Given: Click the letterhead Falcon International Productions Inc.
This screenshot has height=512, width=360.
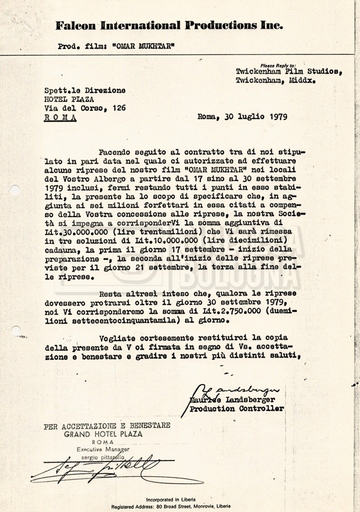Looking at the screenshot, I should pos(169,25).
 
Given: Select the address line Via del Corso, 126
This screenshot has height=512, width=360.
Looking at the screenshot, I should pos(85,107).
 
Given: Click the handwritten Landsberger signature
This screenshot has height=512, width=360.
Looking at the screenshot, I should pos(240,389).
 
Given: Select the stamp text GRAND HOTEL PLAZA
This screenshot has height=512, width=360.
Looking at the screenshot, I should pos(102,434).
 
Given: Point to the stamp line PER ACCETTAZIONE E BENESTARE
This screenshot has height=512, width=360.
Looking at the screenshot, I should pos(107,426).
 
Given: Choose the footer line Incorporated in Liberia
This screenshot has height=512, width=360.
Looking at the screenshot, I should pos(170,499).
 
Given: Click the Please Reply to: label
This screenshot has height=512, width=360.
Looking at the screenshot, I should pos(278,65).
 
